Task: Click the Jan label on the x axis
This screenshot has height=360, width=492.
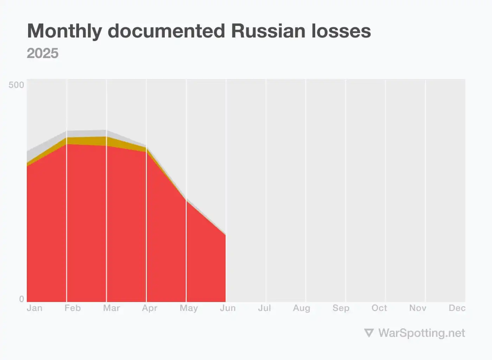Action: tap(34, 308)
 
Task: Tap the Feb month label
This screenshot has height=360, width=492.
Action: tap(73, 308)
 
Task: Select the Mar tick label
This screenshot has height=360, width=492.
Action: tap(111, 308)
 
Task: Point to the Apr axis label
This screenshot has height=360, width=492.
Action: tap(150, 308)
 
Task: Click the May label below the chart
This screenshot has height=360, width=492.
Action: tap(189, 308)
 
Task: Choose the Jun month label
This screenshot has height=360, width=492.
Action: tap(228, 308)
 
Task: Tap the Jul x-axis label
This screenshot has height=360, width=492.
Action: tap(265, 308)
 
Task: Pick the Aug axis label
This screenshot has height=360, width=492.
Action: tap(302, 308)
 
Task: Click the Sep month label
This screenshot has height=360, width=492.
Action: tap(341, 308)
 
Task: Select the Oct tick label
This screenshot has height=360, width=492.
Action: tap(379, 308)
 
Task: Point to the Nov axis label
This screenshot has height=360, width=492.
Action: tap(418, 308)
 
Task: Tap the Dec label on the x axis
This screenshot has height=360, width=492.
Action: tap(457, 308)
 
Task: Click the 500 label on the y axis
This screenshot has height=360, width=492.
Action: tap(16, 85)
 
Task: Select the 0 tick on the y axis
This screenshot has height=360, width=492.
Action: tap(21, 299)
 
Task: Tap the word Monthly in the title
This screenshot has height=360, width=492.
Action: tap(65, 32)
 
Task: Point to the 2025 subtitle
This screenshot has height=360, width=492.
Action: tap(43, 53)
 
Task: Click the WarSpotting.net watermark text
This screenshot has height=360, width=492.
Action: tap(421, 333)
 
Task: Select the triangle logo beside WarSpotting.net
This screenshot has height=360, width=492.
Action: tap(369, 333)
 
